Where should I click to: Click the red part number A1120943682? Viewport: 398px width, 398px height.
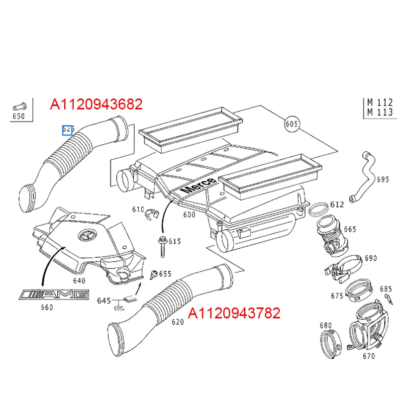point(97,104)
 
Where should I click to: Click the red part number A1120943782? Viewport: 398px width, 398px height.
point(234,313)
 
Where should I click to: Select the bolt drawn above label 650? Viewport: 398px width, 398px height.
point(19,105)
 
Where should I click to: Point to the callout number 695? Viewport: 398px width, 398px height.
point(383,180)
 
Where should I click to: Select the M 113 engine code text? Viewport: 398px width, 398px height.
point(380,112)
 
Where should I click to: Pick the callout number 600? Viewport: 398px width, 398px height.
point(189,214)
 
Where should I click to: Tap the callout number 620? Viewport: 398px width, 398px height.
point(178,322)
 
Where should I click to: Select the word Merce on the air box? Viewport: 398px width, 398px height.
point(199,185)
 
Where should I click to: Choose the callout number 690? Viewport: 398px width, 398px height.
point(371,258)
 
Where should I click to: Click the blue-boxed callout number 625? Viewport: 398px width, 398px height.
point(68,130)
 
